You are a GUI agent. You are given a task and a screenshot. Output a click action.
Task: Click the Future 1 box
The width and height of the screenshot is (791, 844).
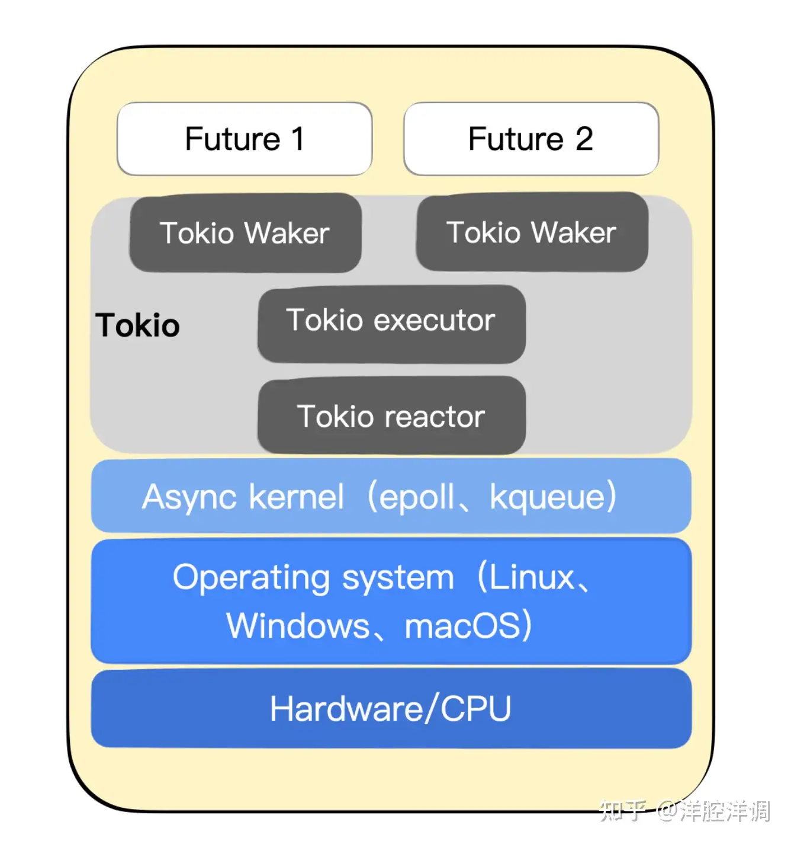tap(245, 139)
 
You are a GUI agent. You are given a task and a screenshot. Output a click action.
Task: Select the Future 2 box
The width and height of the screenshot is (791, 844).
tap(531, 139)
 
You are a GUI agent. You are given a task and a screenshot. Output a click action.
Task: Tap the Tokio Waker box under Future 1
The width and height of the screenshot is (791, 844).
tap(245, 233)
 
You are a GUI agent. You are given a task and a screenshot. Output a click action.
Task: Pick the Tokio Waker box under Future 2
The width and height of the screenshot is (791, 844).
tap(532, 232)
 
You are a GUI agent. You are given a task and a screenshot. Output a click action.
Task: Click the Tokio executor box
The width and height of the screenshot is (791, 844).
tap(391, 323)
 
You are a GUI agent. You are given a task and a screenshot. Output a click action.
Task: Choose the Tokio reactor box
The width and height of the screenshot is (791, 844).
tap(391, 416)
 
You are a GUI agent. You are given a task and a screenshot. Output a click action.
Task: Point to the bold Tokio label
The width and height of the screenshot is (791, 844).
tap(137, 325)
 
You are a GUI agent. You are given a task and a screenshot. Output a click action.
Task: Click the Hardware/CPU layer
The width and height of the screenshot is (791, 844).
tap(391, 708)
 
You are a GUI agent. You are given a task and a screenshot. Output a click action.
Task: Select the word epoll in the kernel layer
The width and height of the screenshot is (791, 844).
tap(417, 497)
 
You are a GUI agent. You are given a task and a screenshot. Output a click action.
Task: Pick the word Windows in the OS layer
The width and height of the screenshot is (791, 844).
tap(298, 626)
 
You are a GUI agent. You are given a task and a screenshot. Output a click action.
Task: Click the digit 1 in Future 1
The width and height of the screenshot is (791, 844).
tap(297, 139)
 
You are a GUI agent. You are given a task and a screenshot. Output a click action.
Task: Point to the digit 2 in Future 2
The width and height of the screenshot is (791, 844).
tap(584, 139)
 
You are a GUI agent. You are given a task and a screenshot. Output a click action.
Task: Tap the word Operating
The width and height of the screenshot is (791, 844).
tap(251, 577)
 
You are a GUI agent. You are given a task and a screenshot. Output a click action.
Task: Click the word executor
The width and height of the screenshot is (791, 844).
tap(435, 320)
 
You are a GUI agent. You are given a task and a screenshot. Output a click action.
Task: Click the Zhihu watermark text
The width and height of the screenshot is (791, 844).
tap(684, 810)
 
